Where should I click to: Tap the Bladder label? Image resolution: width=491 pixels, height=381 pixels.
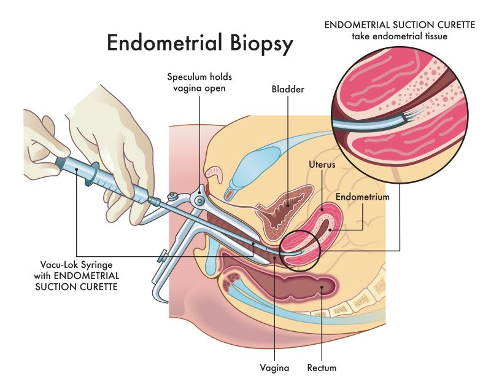pos(288,90)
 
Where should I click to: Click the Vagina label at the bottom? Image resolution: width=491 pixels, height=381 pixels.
pos(274,369)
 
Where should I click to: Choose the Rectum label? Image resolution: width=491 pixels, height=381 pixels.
pos(322,369)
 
